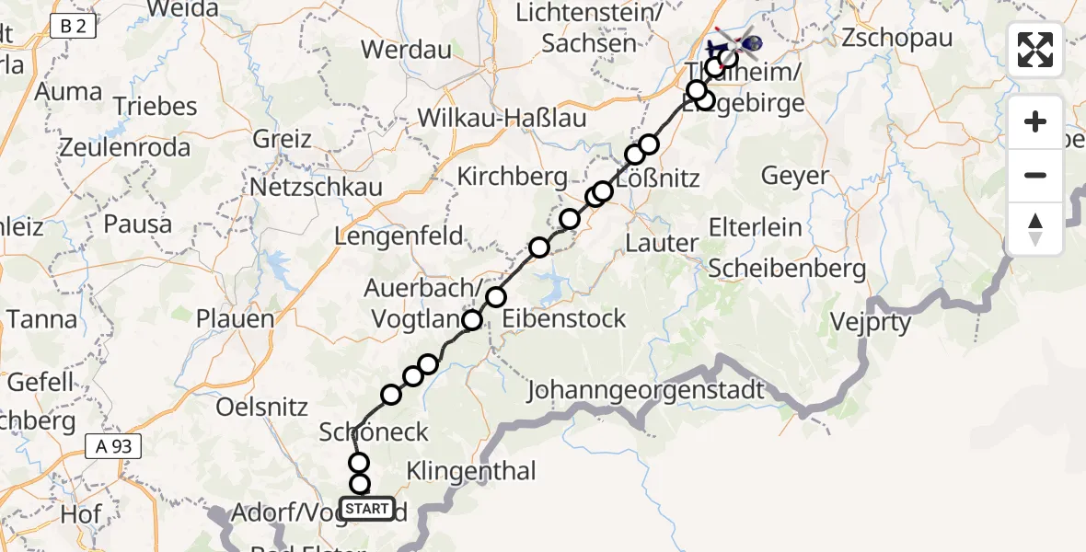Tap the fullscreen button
coord(1035,50)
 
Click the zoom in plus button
coord(1035,121)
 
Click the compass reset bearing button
coord(1035,228)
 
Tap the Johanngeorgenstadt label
coord(645,391)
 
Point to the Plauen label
coord(235,319)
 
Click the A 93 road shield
coord(113,447)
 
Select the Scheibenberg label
coord(788,269)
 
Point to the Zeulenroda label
coord(125,147)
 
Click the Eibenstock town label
coord(564,319)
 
